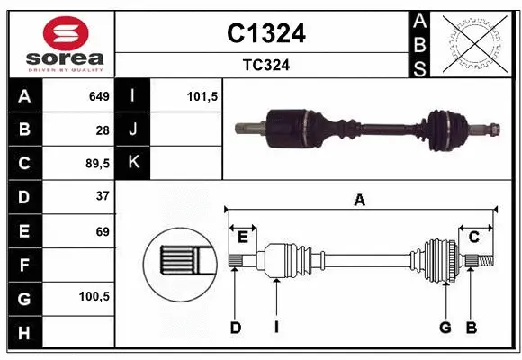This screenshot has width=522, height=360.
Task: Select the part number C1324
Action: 265,33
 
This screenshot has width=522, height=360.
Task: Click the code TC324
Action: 265,65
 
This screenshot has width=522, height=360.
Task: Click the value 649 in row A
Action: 98,96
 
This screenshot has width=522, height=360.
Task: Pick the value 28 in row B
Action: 102,130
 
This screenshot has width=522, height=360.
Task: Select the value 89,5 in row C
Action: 95,164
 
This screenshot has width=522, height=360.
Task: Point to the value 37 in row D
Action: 102,196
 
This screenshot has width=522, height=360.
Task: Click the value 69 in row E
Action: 102,231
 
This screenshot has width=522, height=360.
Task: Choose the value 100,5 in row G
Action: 94,295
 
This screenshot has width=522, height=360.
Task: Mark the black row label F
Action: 24,265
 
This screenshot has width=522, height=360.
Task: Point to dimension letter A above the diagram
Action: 360,201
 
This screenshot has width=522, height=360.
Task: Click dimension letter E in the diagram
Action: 243,237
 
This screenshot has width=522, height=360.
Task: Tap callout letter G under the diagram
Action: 445,327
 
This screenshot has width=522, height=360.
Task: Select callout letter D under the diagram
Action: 235,327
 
